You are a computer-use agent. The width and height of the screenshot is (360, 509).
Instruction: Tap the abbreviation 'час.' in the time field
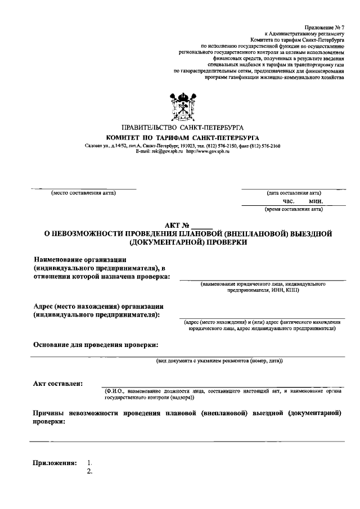289,201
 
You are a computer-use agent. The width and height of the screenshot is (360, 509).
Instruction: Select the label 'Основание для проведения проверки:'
96,344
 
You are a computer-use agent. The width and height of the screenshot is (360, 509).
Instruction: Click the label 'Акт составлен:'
58,383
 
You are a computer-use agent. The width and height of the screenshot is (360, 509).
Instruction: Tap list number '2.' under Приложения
89,471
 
